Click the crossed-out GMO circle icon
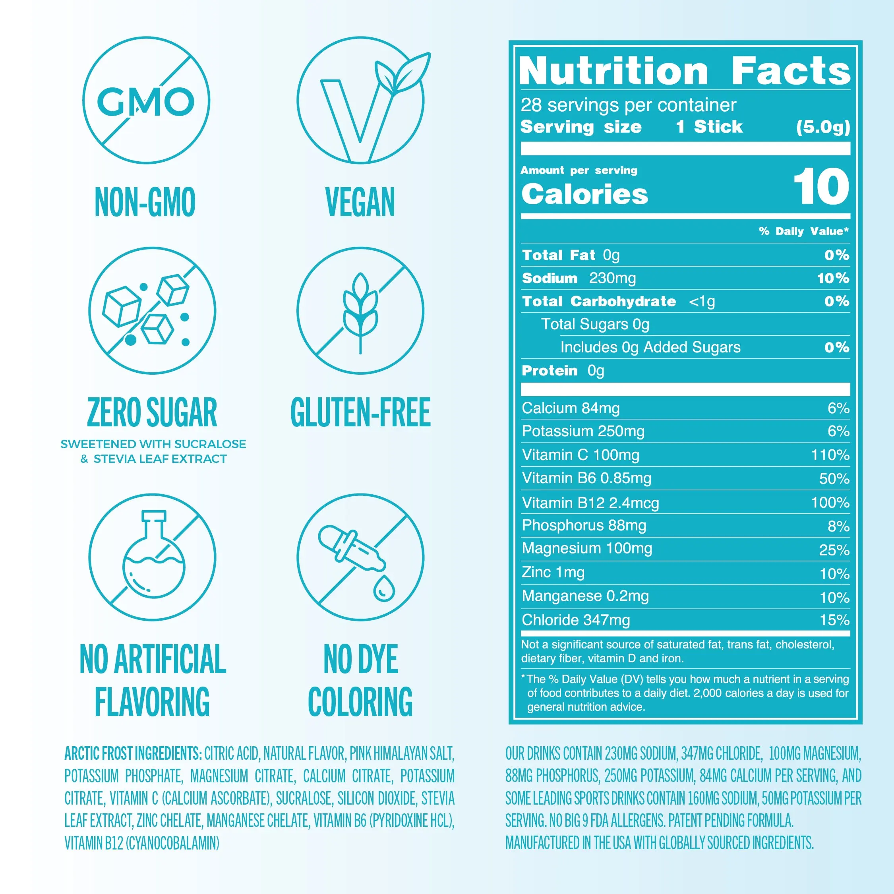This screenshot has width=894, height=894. click(146, 101)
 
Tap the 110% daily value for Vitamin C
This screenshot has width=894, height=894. click(830, 455)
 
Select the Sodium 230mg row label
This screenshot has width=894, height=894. click(579, 278)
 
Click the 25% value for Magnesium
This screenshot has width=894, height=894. click(834, 550)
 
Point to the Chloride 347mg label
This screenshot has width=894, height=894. click(576, 619)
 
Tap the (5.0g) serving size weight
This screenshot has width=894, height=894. click(823, 127)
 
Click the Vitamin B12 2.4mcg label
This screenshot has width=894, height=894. click(590, 503)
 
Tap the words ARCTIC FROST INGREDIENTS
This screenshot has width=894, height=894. click(133, 753)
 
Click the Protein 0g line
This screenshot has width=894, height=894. click(563, 371)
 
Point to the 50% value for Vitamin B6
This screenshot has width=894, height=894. click(834, 478)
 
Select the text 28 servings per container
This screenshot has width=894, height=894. click(628, 105)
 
